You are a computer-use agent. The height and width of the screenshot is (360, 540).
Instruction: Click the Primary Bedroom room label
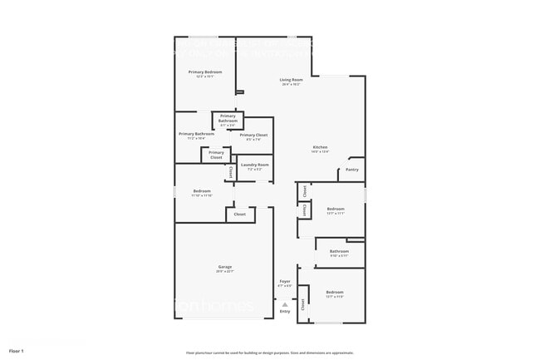[x=204, y=72]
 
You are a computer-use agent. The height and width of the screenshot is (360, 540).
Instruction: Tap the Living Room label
[x=291, y=80]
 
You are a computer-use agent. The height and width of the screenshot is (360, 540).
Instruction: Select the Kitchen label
[x=320, y=148]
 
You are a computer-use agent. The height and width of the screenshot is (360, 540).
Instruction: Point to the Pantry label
[x=351, y=170]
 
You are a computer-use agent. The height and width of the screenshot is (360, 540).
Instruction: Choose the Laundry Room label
[x=254, y=165]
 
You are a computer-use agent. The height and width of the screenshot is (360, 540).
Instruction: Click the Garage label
[x=224, y=267]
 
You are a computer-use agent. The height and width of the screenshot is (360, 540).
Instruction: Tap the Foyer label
[x=285, y=282]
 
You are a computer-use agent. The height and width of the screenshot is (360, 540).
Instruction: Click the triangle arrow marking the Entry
[x=285, y=304]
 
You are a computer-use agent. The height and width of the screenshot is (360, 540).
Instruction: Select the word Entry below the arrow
[x=285, y=312]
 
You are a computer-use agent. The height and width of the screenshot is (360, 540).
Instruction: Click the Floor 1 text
[x=17, y=351]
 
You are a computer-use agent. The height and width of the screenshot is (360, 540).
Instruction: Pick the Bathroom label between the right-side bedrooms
[x=339, y=251]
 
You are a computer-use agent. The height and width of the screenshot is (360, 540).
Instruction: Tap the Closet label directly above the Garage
[x=240, y=215]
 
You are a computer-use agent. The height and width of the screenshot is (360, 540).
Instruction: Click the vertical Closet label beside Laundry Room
[x=230, y=172]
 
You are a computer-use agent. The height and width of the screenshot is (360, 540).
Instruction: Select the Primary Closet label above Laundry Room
[x=253, y=135]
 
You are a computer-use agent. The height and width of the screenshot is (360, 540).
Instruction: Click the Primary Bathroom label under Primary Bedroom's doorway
[x=197, y=134]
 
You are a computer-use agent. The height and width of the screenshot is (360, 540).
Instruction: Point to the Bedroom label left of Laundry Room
[x=202, y=191]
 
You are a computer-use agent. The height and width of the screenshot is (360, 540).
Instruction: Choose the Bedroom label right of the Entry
[x=335, y=293]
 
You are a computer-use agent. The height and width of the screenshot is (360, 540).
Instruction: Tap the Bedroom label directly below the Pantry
[x=336, y=209]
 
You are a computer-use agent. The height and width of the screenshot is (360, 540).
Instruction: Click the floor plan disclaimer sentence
[x=270, y=353]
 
